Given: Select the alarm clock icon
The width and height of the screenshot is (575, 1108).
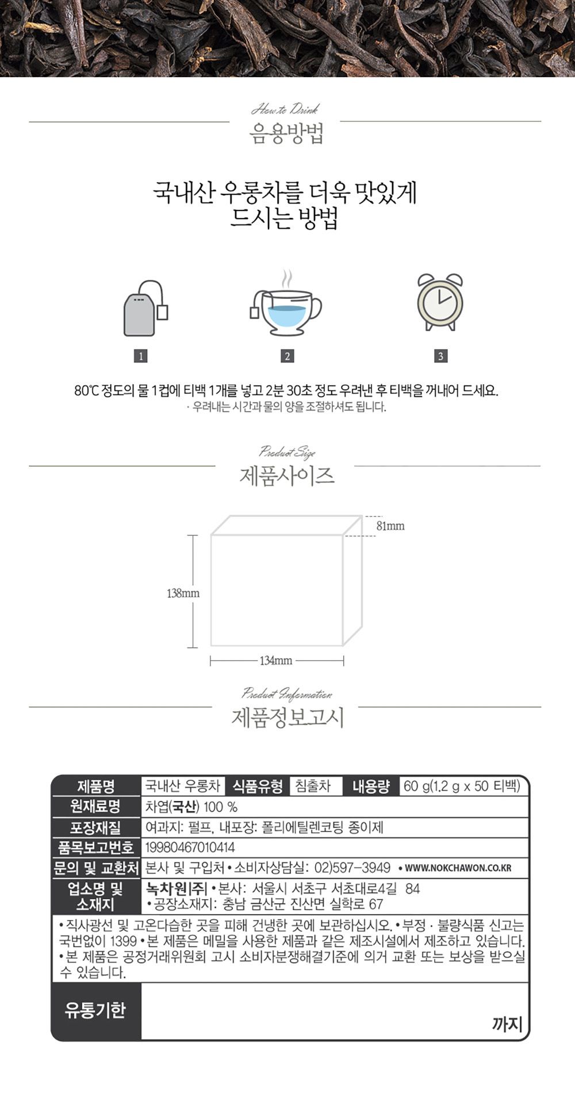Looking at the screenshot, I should [x=440, y=302].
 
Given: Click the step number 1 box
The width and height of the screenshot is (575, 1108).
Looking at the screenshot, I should [x=140, y=356].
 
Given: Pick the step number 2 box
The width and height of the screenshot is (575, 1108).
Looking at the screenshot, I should [x=287, y=356].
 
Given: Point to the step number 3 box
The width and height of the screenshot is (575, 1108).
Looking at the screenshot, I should [x=440, y=356].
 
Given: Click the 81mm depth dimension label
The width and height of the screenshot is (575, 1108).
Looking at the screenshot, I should [x=390, y=526].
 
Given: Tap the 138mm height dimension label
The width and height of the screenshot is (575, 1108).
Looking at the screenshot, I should [x=183, y=593].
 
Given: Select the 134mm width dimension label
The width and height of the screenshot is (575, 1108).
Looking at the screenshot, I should [x=276, y=661].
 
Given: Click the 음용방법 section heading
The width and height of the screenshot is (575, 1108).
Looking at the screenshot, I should [x=286, y=133].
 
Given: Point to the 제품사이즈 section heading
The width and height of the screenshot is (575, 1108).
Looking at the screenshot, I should [x=286, y=476].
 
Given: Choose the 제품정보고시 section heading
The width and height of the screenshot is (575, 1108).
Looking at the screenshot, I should [x=287, y=718].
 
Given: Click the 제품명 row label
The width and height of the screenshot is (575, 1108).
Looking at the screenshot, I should [x=96, y=786].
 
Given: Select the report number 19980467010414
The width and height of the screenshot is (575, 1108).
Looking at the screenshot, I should [x=190, y=848].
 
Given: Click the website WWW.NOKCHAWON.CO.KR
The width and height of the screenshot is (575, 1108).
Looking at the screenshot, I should [x=458, y=868].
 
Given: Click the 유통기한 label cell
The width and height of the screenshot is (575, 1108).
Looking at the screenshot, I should [x=95, y=1010].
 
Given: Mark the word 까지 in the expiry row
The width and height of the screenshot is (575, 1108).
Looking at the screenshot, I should [x=507, y=1023].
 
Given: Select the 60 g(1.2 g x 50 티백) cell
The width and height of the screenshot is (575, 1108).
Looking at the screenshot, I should [x=462, y=786].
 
